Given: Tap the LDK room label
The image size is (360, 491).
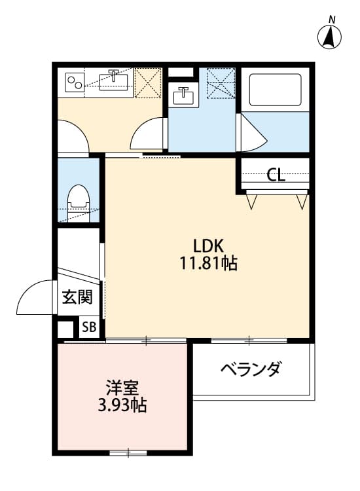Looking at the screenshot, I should tap(209, 246).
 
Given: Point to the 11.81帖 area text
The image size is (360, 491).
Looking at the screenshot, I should tap(209, 264).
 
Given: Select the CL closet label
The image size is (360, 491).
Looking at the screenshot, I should tap(276, 175).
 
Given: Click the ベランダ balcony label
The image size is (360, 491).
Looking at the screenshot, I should tap(251, 370).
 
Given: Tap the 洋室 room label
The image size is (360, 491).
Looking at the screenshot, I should tap(122, 388).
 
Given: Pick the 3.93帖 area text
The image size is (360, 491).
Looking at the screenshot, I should tap(122, 406).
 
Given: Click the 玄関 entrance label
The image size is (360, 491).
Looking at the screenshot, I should tap(77, 298).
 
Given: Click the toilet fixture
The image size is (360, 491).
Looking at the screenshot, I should tap(79, 198).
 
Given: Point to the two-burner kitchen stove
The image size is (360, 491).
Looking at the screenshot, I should tap(74, 82).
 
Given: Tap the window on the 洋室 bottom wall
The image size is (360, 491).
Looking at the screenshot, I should tap(128, 452).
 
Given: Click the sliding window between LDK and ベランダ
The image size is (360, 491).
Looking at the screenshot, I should tap(249, 340).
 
